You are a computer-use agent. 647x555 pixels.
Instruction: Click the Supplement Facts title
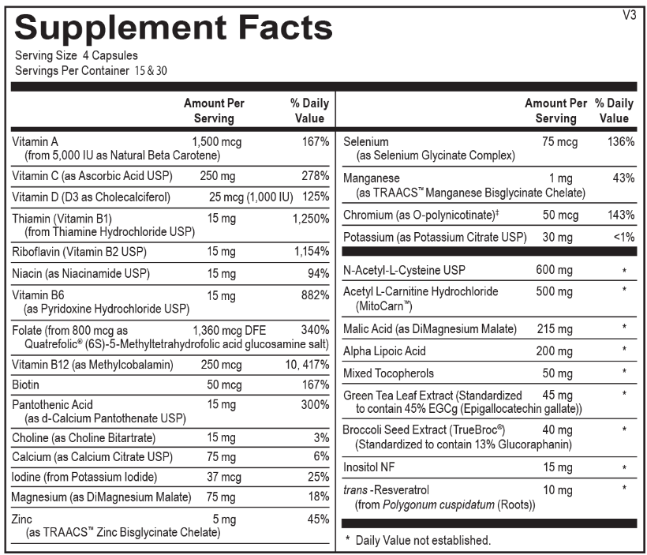174,28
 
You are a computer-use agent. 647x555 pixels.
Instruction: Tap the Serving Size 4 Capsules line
77,55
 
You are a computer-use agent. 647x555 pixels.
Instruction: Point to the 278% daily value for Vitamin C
315,175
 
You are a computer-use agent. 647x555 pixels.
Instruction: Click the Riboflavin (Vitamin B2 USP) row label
79,252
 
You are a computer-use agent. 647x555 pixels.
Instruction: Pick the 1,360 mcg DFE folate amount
227,329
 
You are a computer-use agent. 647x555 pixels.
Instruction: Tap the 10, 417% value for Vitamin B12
307,365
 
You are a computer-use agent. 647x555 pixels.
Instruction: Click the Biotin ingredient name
27,384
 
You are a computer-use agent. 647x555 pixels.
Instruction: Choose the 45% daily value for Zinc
317,519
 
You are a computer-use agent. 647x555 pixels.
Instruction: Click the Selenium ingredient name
366,141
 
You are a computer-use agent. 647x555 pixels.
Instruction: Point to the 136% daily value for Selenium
620,141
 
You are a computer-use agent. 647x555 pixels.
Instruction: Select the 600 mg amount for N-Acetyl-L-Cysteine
554,271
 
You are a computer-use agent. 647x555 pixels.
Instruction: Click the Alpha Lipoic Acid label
384,351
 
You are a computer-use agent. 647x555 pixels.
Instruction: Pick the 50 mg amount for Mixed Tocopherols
557,373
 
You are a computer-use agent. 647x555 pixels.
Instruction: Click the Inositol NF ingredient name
369,467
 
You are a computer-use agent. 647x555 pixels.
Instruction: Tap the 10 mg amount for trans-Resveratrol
557,490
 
